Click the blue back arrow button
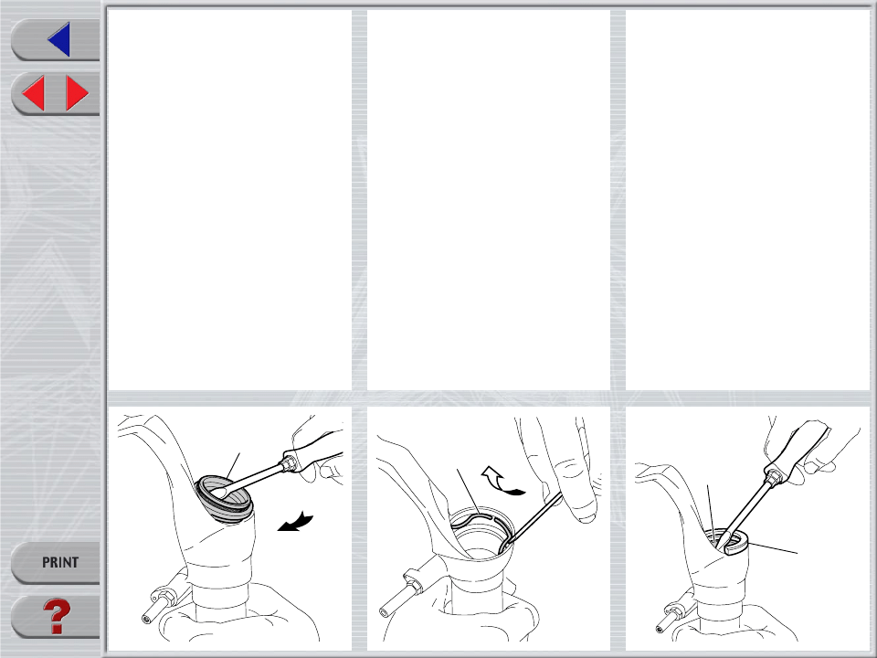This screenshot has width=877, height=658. coord(59,39)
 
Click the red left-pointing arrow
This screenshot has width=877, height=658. coord(33,93)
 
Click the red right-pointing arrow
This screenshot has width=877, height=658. coord(77,93)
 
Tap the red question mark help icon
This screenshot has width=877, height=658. coord(57,616)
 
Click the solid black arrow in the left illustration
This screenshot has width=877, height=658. coord(295,522)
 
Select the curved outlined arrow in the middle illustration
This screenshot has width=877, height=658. coord(502,482)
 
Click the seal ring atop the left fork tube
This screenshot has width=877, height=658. coord(225,499)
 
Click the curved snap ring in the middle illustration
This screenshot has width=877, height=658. coord(481,520)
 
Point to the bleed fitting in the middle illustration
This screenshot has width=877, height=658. coord(402,593)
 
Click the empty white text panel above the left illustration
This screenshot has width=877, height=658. coord(229,200)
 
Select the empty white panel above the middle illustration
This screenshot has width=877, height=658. coord(488,200)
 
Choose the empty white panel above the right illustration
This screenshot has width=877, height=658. coord(747,200)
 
